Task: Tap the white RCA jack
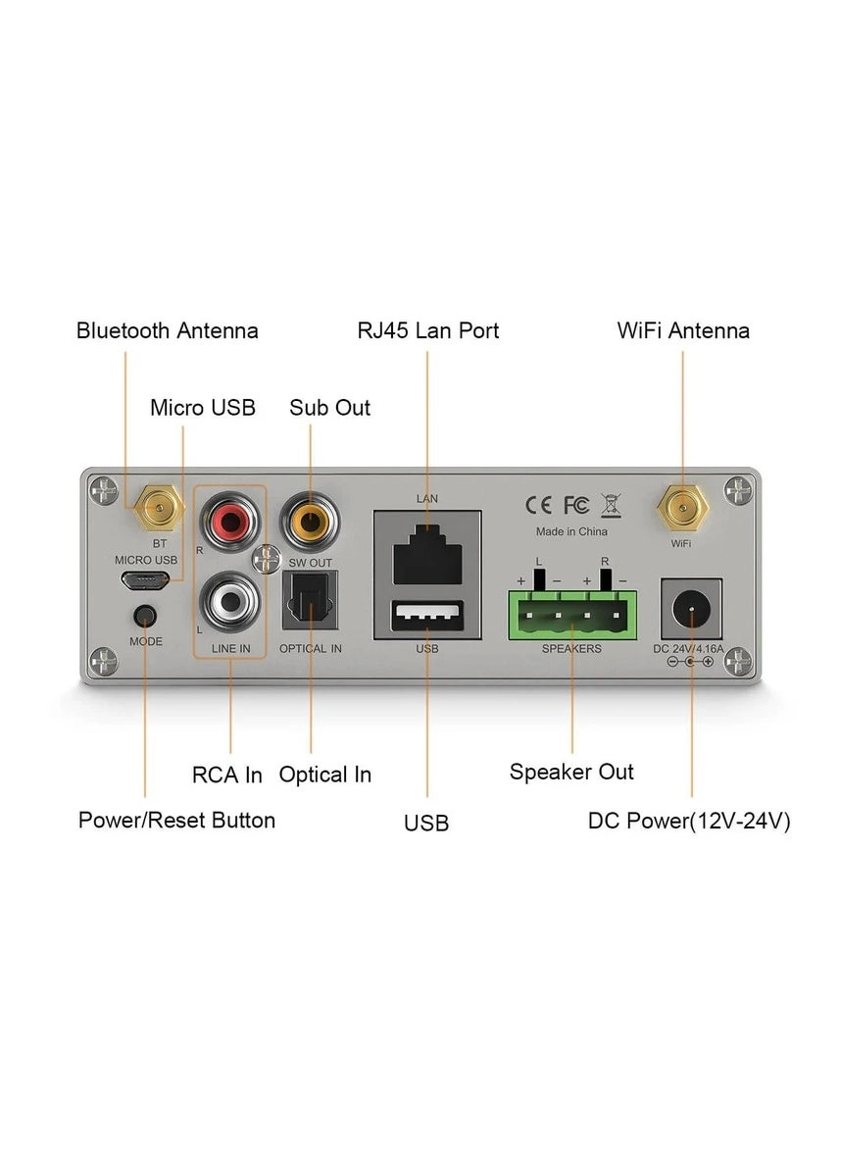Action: (x=230, y=602)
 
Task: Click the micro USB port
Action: (x=144, y=580)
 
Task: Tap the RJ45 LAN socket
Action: (x=426, y=555)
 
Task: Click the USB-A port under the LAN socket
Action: (x=426, y=617)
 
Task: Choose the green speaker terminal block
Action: (x=571, y=615)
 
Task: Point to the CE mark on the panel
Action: (x=538, y=505)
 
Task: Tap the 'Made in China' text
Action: (x=571, y=531)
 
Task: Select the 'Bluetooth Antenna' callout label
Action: (x=168, y=331)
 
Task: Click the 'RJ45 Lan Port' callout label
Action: (x=427, y=331)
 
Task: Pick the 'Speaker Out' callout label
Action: (x=571, y=773)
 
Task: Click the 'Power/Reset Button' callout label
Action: (x=176, y=820)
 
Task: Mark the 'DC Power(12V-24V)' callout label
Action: (x=689, y=821)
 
